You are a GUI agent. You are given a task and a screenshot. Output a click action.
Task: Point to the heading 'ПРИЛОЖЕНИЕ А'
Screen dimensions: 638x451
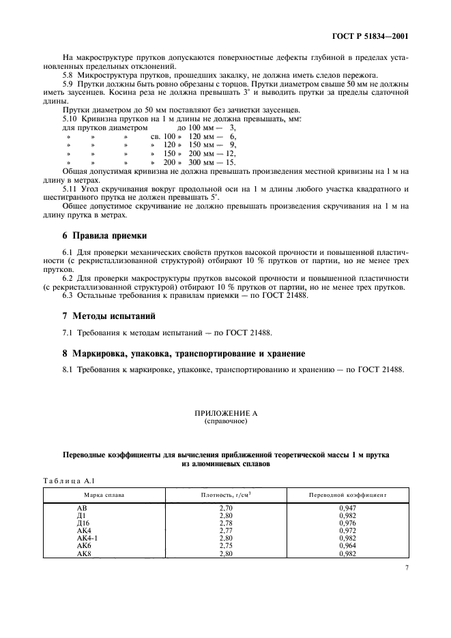pyautogui.click(x=225, y=414)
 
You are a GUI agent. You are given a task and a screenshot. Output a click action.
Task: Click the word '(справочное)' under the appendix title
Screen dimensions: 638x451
pyautogui.click(x=225, y=422)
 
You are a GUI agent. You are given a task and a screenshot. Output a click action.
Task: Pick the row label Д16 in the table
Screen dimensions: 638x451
pyautogui.click(x=84, y=523)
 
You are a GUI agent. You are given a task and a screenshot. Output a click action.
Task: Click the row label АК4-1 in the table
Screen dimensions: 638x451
pyautogui.click(x=87, y=538)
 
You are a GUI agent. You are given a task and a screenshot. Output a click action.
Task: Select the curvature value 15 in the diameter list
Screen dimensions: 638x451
pyautogui.click(x=230, y=162)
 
